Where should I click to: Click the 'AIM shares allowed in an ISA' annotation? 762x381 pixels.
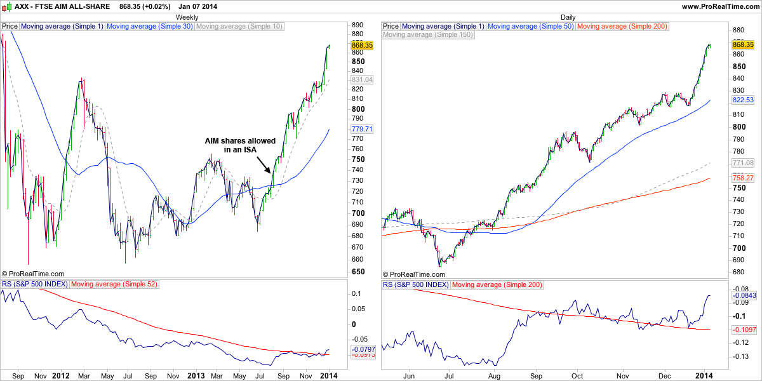pos(239,145)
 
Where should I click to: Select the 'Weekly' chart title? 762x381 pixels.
pos(186,16)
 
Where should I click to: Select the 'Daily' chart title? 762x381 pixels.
pos(568,16)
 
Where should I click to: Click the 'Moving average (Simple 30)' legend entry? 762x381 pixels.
pos(150,27)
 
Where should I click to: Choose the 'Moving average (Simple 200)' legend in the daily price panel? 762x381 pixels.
pos(622,27)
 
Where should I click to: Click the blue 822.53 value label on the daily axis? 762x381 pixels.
pos(742,100)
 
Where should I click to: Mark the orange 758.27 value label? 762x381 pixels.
pos(742,178)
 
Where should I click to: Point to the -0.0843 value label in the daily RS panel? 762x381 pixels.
pos(742,295)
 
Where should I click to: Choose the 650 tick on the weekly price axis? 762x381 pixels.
pos(358,272)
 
